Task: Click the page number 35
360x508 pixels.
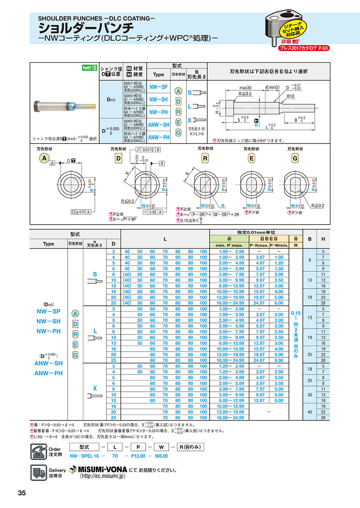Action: click(x=22, y=493)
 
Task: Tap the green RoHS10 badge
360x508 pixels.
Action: click(x=90, y=68)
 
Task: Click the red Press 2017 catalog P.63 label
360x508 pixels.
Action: click(x=304, y=48)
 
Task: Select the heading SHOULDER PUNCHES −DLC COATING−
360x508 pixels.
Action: click(x=96, y=18)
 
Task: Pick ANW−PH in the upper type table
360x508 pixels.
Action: click(x=159, y=137)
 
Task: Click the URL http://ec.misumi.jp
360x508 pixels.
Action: click(x=102, y=476)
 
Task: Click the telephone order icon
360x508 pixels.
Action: click(x=38, y=451)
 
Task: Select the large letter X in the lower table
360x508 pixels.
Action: click(x=95, y=388)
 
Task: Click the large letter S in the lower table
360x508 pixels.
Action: click(x=95, y=274)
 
